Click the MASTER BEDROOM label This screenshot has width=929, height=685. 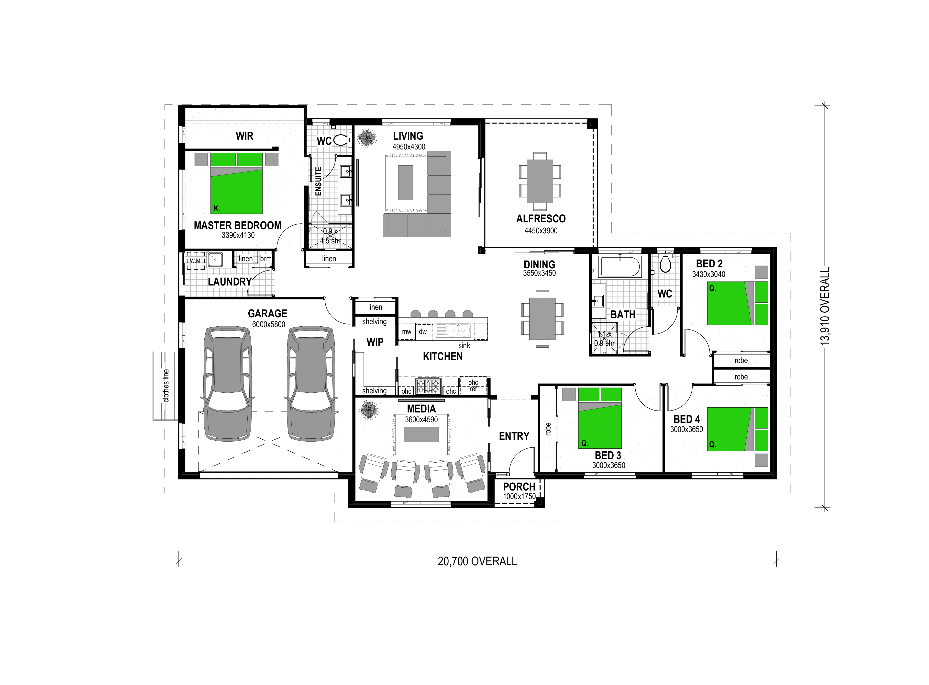(237, 226)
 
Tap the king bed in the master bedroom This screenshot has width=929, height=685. (237, 183)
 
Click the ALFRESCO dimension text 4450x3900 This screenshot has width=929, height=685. (541, 230)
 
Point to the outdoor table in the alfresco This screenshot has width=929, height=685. (540, 181)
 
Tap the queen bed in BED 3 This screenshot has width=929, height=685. (600, 418)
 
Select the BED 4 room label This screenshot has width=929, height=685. (686, 419)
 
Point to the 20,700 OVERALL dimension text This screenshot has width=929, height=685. (477, 561)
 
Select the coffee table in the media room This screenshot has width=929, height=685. (421, 434)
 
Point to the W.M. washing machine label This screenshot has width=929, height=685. (195, 261)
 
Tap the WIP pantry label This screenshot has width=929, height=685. (375, 342)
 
